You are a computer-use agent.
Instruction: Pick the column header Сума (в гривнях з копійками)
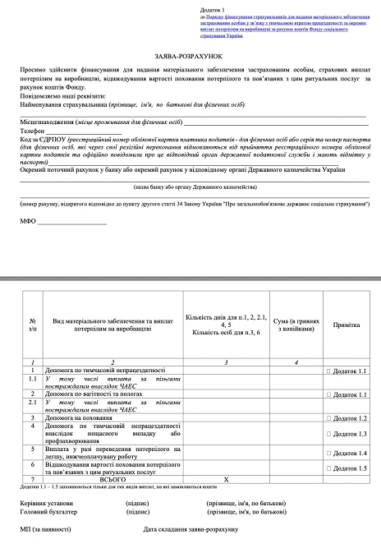[x=296, y=325]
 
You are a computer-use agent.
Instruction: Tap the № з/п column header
[x=32, y=325]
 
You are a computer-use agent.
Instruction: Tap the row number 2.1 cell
[x=32, y=403]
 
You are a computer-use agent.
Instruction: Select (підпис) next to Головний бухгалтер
[x=136, y=510]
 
